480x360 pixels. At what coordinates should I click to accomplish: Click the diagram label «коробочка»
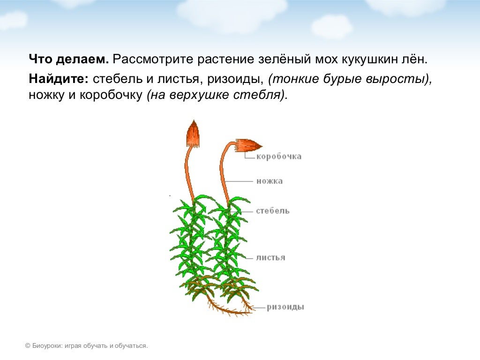278,157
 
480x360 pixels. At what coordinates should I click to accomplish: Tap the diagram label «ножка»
270,181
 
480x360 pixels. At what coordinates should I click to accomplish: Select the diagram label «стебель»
273,211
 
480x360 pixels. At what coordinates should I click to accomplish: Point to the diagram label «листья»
270,257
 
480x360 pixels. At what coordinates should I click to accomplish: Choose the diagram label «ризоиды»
285,307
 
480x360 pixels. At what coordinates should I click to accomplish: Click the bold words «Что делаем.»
69,60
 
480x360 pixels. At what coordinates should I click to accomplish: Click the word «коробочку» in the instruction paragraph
111,95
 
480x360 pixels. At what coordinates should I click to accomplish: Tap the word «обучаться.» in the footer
134,346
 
